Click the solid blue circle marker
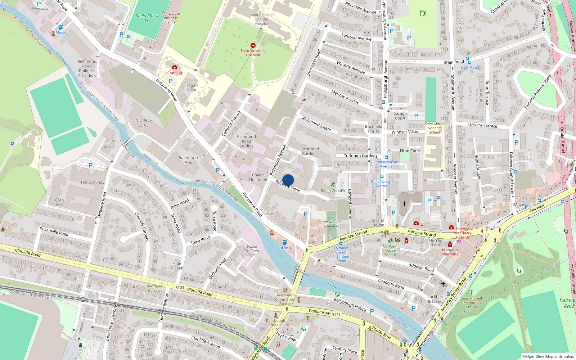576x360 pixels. tap(288, 180)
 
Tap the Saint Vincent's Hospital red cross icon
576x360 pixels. tap(253, 45)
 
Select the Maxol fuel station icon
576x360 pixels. tap(60, 27)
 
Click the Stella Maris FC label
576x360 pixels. tap(147, 18)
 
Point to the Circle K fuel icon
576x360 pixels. tap(285, 242)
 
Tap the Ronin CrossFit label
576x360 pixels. tap(333, 191)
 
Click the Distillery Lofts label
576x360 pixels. tap(144, 123)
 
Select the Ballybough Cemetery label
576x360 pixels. tap(331, 224)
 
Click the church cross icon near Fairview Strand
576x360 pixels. tap(405, 204)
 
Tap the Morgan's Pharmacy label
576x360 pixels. tap(450, 252)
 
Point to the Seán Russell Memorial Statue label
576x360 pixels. tap(471, 302)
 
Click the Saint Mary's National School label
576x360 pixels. tap(435, 128)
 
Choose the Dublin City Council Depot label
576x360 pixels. tap(252, 251)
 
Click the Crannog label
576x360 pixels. tap(175, 73)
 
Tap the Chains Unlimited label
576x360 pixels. tap(258, 177)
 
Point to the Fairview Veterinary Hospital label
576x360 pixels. tap(463, 233)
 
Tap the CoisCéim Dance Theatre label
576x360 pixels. tap(391, 251)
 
